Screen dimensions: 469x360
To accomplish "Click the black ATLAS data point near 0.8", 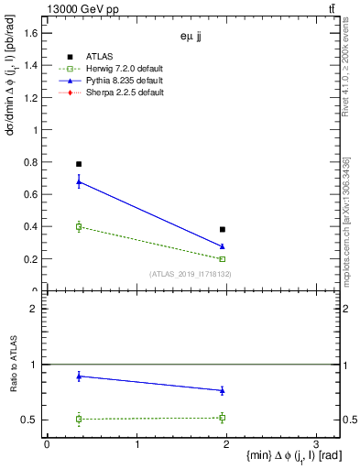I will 79,164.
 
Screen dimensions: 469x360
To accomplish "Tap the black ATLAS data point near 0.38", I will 223,229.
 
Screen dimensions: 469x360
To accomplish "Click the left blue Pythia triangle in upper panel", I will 79,181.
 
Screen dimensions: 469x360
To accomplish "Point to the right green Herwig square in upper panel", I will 223,259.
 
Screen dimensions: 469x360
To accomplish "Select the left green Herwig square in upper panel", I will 79,226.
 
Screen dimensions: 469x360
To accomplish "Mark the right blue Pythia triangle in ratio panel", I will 223,390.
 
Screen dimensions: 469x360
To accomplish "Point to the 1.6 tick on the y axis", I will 43,33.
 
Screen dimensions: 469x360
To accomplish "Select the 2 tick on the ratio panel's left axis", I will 43,309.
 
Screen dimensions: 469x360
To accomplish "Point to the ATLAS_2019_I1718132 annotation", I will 191,274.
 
